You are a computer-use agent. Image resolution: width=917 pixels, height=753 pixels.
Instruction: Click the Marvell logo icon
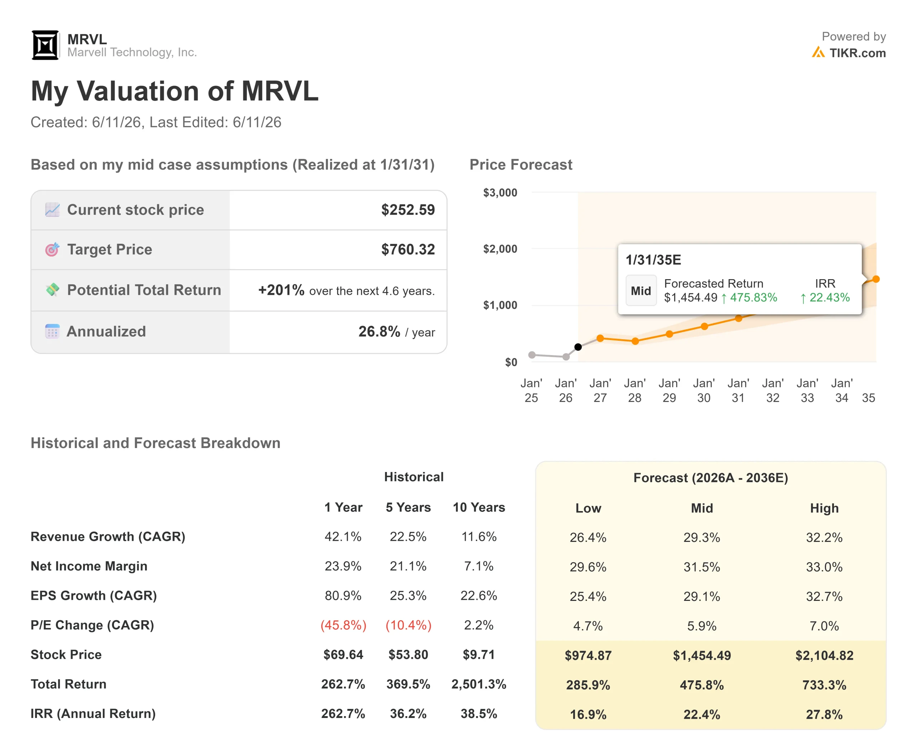pyautogui.click(x=45, y=45)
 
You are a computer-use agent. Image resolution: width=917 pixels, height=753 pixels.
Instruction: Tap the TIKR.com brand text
pyautogui.click(x=857, y=53)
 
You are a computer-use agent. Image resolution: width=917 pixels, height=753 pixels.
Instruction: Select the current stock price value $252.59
pyautogui.click(x=408, y=210)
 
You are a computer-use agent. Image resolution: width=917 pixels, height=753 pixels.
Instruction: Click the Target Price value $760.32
pyautogui.click(x=408, y=249)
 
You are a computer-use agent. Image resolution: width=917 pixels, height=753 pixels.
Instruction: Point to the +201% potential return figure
pyautogui.click(x=281, y=290)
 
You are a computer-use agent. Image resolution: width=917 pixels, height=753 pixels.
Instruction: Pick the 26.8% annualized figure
pyautogui.click(x=379, y=331)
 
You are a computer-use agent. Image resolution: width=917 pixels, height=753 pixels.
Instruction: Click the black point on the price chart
pyautogui.click(x=578, y=347)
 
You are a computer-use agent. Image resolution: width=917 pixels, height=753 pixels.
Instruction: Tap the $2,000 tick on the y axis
pyautogui.click(x=500, y=249)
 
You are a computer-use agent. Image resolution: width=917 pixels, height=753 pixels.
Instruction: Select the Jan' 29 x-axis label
pyautogui.click(x=669, y=390)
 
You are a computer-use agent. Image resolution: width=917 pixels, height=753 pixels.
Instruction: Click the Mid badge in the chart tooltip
pyautogui.click(x=641, y=291)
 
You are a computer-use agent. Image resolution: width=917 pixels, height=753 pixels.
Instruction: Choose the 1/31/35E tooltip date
pyautogui.click(x=653, y=260)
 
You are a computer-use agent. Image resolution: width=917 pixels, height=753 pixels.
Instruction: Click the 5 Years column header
pyautogui.click(x=408, y=507)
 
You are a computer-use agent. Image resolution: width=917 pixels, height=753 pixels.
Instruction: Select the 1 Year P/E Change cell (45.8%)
pyautogui.click(x=344, y=625)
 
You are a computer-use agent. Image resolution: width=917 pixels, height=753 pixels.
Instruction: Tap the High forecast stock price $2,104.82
pyautogui.click(x=824, y=655)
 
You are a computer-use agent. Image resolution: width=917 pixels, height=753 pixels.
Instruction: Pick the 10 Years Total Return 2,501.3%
pyautogui.click(x=479, y=684)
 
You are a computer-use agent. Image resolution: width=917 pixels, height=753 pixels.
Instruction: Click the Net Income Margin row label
pyautogui.click(x=89, y=566)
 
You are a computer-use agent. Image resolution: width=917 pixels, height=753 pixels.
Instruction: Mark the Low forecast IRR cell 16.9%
pyautogui.click(x=588, y=714)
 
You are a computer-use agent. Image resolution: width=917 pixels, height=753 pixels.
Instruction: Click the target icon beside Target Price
pyautogui.click(x=52, y=249)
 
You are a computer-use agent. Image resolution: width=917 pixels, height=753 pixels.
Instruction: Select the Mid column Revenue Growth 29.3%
pyautogui.click(x=702, y=538)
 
